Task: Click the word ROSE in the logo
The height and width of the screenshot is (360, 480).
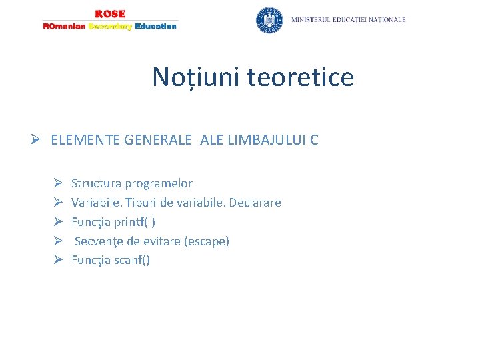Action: coord(110,14)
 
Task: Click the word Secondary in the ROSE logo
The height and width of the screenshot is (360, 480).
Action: coord(110,27)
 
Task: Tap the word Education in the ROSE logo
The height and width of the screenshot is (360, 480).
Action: coord(155,27)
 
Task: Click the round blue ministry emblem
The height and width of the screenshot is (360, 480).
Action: coord(269,20)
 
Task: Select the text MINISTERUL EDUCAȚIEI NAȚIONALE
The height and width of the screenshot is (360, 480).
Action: coord(348,20)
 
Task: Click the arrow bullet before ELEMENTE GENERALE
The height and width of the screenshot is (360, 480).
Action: coord(39,140)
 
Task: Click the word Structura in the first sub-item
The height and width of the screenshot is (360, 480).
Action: coord(96,183)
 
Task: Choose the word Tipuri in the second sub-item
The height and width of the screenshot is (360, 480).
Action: coord(140,203)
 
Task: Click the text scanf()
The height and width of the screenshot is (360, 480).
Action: coord(132,261)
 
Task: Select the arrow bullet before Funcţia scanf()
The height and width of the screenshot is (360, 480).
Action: coord(59,260)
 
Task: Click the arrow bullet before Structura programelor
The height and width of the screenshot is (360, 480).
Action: coord(59,183)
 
